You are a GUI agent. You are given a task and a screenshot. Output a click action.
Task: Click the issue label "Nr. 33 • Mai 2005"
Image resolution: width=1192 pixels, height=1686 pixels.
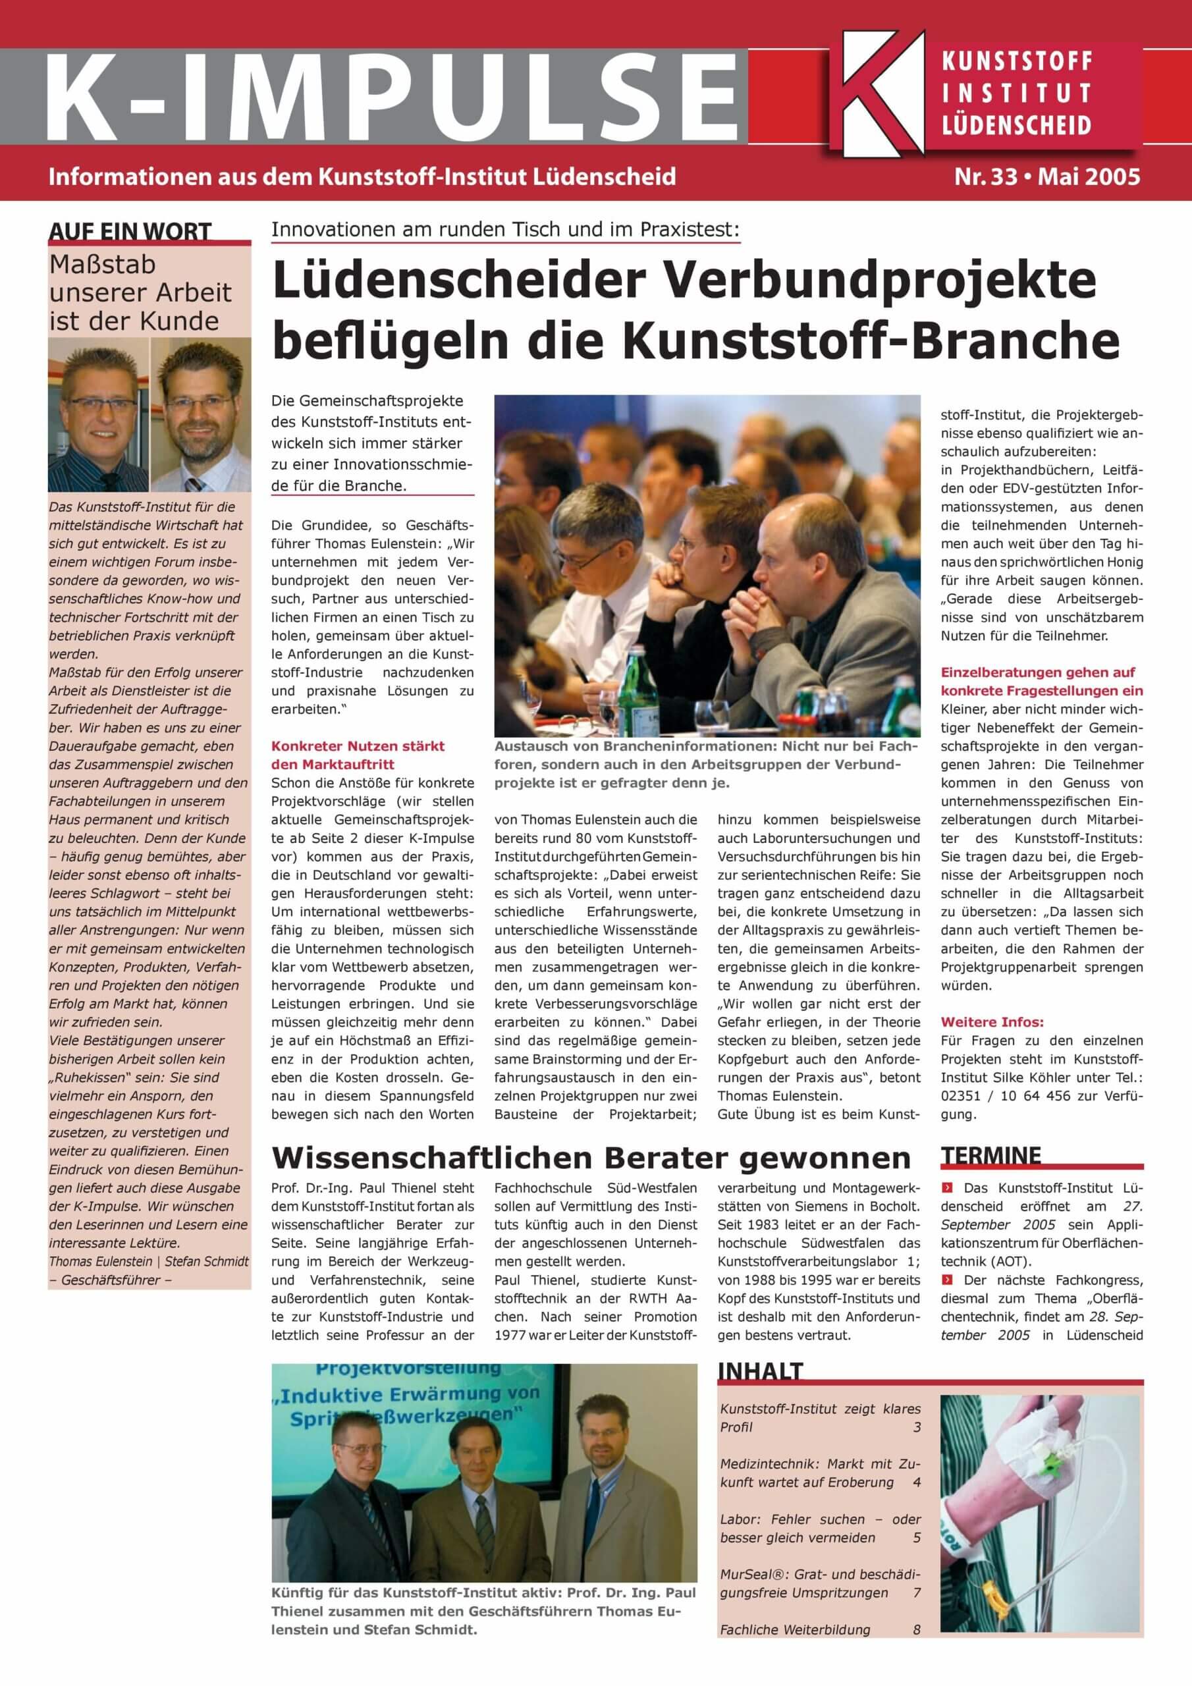1046,177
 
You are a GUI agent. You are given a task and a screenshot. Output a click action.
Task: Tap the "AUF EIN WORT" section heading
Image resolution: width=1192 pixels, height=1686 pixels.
130,231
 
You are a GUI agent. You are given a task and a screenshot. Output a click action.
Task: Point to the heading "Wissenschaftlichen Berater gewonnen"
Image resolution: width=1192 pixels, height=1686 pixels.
591,1158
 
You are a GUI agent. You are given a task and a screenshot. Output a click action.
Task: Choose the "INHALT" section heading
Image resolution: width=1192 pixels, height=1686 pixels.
761,1371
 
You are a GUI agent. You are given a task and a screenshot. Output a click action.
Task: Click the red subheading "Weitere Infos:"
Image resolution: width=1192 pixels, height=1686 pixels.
992,1022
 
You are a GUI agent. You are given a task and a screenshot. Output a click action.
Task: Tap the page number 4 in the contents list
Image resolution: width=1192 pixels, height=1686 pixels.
916,1482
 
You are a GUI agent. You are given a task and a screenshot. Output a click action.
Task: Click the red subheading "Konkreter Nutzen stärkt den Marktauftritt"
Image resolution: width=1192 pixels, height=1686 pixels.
357,755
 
